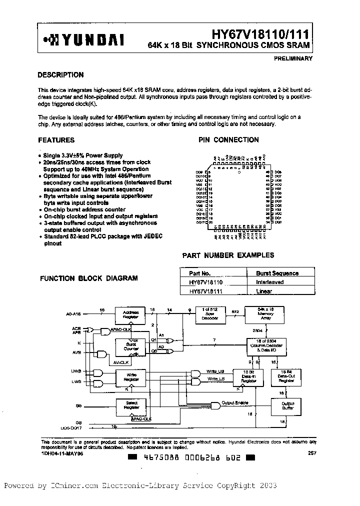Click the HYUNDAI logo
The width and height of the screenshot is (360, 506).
click(84, 39)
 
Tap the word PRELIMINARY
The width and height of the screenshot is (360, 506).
click(293, 58)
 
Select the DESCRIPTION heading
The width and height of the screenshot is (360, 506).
click(61, 75)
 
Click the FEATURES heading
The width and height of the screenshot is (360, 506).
click(56, 140)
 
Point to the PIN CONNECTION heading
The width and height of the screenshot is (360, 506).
click(228, 140)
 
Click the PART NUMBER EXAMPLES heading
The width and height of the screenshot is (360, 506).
click(228, 255)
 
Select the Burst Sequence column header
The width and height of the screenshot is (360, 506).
click(277, 273)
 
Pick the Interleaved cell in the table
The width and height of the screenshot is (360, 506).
click(270, 282)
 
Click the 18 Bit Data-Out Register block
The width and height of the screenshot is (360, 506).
click(285, 376)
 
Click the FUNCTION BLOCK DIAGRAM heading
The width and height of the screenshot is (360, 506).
click(89, 278)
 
